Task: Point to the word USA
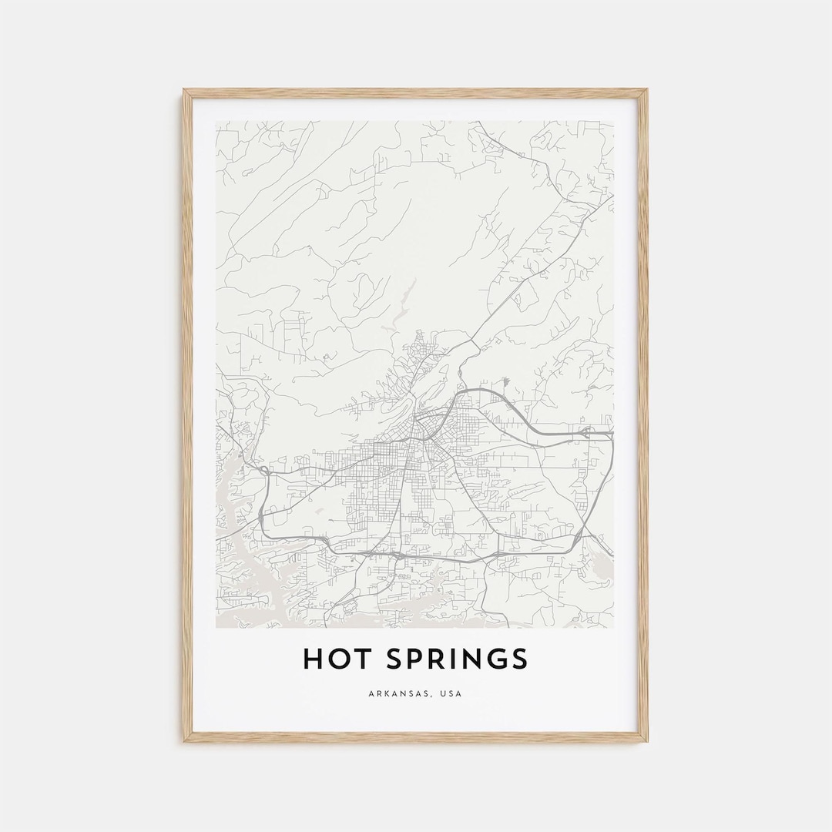point(451,694)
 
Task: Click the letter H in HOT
point(312,659)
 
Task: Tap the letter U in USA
point(442,694)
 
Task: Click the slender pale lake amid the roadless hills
point(402,304)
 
